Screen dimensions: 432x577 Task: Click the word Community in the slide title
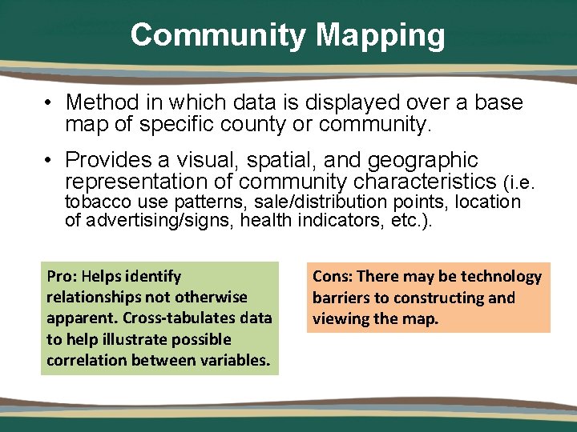click(218, 35)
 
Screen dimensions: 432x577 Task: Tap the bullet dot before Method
click(50, 103)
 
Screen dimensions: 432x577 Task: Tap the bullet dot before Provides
click(50, 161)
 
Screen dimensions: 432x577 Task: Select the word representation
click(148, 182)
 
